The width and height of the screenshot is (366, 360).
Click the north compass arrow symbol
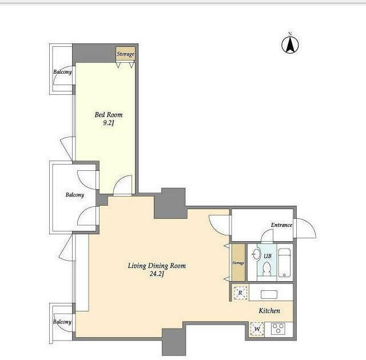290,45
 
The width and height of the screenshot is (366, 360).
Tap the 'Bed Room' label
109,115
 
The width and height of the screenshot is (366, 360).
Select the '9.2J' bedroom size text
109,123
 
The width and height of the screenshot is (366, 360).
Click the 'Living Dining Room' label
157,266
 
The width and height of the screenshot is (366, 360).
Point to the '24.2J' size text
157,274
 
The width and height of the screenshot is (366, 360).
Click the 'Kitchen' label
269,310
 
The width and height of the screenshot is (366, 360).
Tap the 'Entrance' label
281,225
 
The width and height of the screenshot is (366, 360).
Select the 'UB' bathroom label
268,256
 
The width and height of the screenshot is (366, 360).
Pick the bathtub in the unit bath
285,262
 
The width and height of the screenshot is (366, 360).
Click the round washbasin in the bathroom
257,254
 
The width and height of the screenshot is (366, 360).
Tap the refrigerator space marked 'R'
240,293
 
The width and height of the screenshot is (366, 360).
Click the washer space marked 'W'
257,329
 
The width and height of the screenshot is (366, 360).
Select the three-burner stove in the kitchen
278,329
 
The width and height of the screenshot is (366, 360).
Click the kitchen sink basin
269,294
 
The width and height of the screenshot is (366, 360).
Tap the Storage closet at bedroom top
126,54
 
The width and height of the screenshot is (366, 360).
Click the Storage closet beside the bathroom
238,263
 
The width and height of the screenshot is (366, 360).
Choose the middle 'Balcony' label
75,195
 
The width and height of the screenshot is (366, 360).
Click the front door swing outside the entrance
305,228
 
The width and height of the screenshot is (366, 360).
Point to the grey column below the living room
174,342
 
